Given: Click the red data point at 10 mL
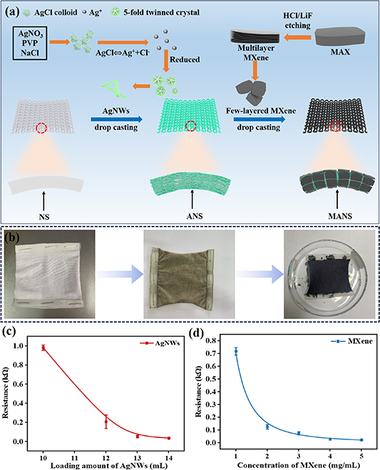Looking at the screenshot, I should point(43,348).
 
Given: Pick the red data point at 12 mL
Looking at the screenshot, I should point(106,422).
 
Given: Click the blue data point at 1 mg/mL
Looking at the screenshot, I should point(236,351).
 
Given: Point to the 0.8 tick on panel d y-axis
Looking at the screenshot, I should point(220,340).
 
